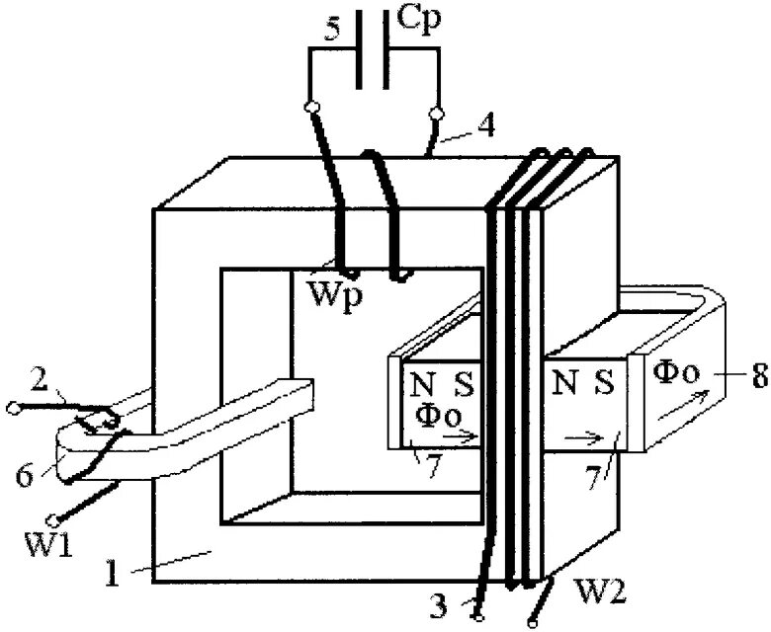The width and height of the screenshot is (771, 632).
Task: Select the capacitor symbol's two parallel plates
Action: (x=371, y=48)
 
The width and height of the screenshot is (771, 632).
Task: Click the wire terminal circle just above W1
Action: (x=58, y=518)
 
